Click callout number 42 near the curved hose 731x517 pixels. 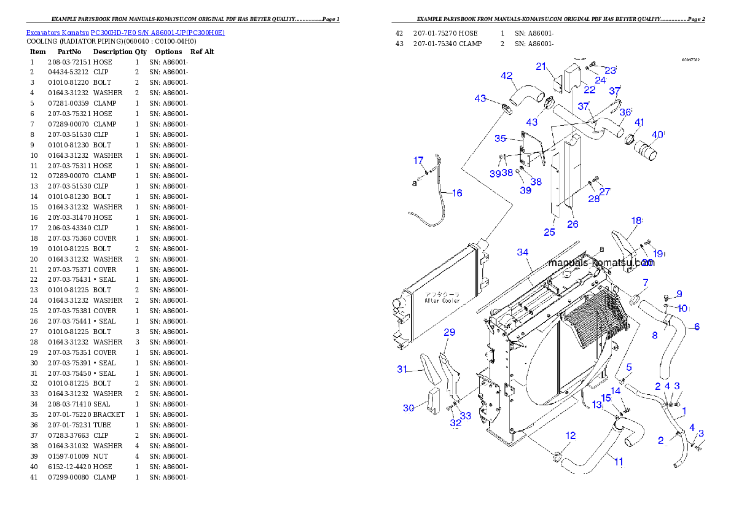tap(507, 76)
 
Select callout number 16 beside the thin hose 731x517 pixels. tap(456, 193)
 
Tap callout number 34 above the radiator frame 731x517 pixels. tap(522, 252)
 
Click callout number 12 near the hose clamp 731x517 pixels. tap(571, 436)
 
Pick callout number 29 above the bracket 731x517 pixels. tap(449, 333)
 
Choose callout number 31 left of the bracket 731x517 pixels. tap(402, 369)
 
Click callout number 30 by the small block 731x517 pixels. tap(408, 408)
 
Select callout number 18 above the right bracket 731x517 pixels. tap(636, 220)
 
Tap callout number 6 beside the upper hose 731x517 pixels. tap(697, 327)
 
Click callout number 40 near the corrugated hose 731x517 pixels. tap(658, 134)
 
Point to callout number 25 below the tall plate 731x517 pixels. tap(549, 232)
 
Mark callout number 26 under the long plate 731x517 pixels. tap(573, 225)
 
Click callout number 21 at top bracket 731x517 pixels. tap(541, 67)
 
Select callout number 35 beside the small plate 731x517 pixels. tap(500, 139)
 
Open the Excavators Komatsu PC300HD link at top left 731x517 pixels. tap(125, 33)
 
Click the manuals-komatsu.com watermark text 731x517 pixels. tap(601, 263)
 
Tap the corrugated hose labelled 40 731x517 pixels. tap(645, 150)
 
